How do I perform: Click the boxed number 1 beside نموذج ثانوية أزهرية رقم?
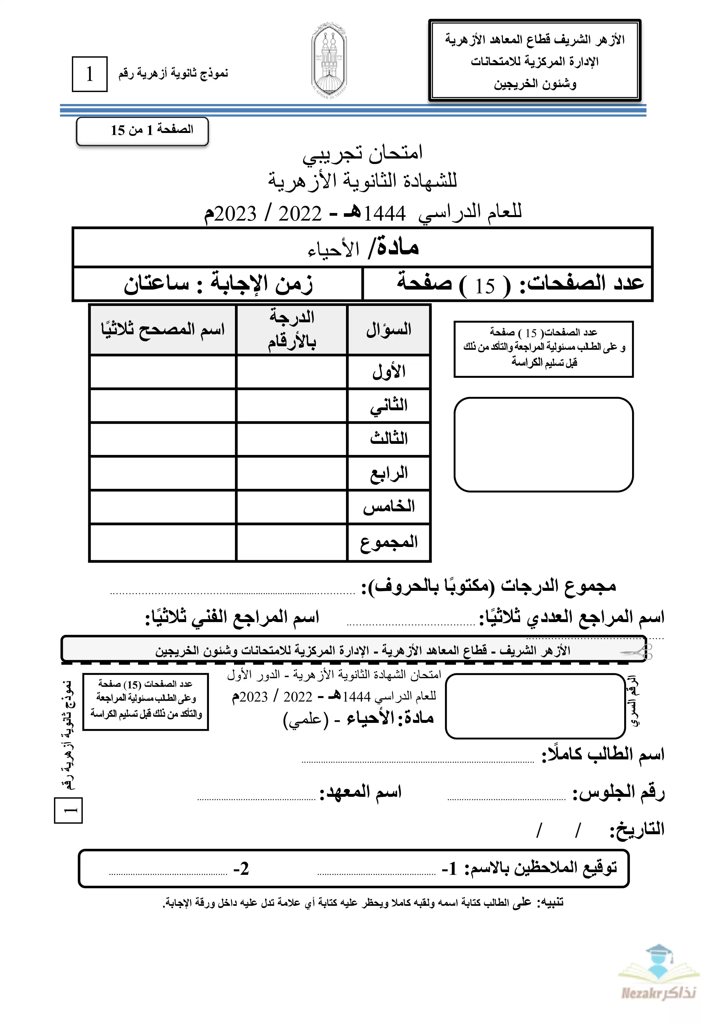point(90,74)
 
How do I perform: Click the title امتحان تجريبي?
point(362,153)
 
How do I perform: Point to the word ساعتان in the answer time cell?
point(156,284)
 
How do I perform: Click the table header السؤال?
point(388,330)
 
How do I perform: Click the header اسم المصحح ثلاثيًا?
point(162,330)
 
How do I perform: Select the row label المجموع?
point(388,542)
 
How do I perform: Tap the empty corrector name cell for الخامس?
point(162,507)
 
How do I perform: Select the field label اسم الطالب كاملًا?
point(603,754)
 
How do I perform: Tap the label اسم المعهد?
point(361,792)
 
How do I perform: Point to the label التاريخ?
point(638,829)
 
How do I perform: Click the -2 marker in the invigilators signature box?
point(241,869)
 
